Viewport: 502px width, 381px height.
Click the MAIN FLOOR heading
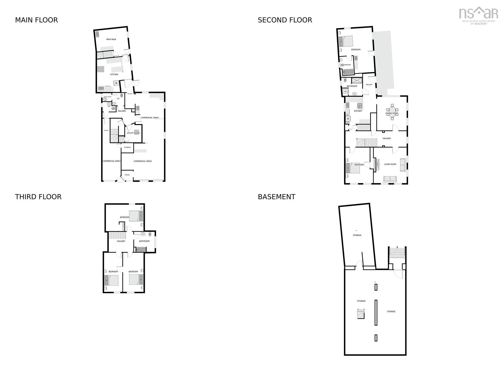(x=36, y=20)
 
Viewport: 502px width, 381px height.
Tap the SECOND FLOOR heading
(x=285, y=20)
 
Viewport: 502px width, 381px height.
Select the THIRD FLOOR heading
(x=38, y=197)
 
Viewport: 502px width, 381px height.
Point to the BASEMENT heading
(x=276, y=197)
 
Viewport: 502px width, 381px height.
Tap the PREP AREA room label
(x=111, y=39)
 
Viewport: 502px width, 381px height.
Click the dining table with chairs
(x=392, y=110)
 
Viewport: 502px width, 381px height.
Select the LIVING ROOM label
(x=390, y=164)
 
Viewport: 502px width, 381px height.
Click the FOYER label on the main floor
(x=127, y=175)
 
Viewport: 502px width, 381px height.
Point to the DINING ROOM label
(x=392, y=113)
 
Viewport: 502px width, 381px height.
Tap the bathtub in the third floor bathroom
(x=141, y=250)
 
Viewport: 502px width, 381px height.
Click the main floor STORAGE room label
(x=127, y=147)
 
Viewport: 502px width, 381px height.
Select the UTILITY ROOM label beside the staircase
(x=133, y=133)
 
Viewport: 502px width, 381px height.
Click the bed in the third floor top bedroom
(x=136, y=216)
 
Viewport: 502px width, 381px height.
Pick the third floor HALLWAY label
(x=121, y=241)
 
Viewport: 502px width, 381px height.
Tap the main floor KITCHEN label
(x=114, y=74)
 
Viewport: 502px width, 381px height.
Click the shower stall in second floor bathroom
(x=357, y=80)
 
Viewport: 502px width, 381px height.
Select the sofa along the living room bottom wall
(x=390, y=179)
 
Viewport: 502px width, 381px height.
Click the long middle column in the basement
(x=376, y=312)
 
